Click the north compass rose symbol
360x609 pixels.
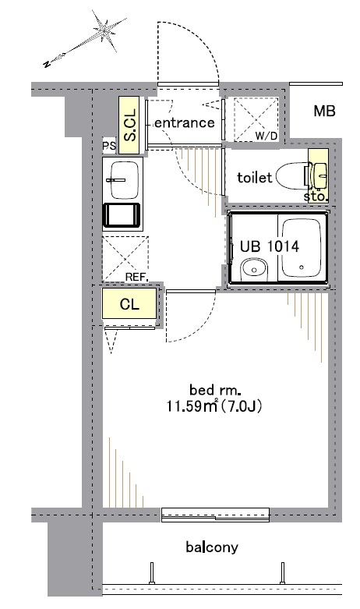click(104, 30)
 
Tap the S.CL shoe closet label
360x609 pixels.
click(129, 125)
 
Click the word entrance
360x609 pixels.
click(184, 122)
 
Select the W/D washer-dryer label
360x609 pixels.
click(266, 136)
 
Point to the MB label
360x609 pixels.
click(324, 112)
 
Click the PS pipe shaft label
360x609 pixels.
click(109, 146)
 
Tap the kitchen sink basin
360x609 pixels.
click(124, 180)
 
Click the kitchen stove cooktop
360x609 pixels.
click(122, 214)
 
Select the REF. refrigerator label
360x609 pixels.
click(137, 278)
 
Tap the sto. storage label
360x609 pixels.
click(315, 197)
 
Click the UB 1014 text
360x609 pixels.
click(270, 246)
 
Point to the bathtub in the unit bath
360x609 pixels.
click(302, 248)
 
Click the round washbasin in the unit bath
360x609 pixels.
click(254, 269)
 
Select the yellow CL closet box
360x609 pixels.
click(129, 303)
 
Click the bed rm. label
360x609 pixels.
click(213, 389)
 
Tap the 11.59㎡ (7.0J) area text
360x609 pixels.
click(214, 406)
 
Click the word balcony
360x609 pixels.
click(212, 547)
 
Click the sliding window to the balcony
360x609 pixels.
click(215, 515)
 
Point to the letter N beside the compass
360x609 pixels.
click(47, 64)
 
